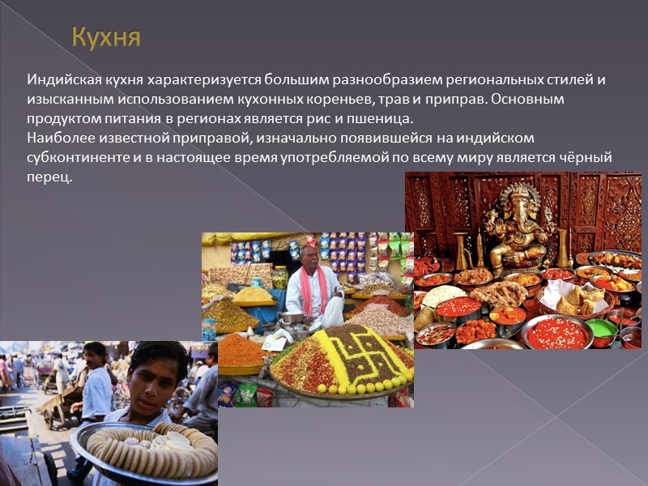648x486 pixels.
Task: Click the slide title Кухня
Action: [106, 37]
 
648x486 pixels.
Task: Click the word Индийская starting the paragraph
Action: [59, 80]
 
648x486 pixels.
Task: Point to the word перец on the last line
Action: [49, 177]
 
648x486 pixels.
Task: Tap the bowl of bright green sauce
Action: [601, 328]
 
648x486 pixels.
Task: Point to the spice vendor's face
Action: [310, 257]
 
